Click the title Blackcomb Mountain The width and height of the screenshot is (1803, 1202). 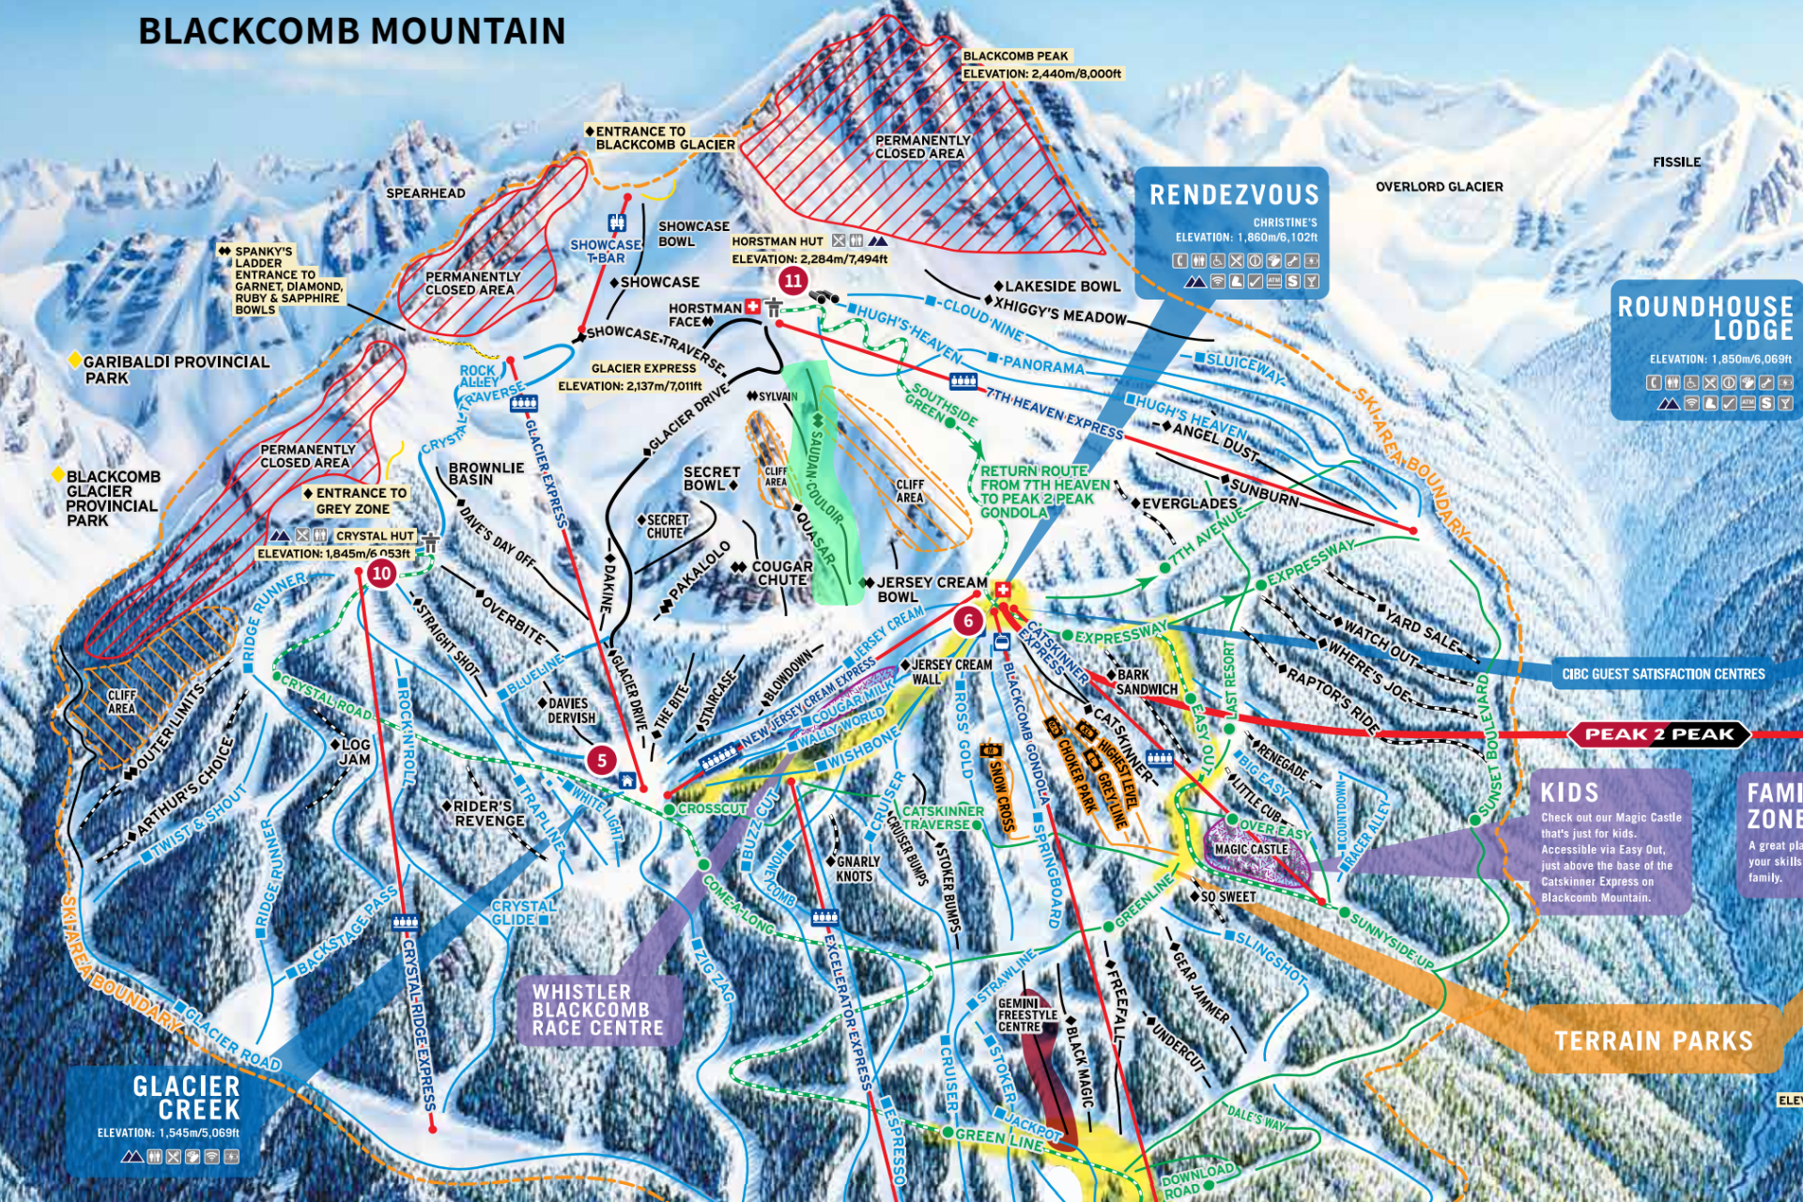(x=352, y=31)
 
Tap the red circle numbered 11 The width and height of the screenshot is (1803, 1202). (x=794, y=281)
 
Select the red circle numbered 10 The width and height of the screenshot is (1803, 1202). (x=381, y=573)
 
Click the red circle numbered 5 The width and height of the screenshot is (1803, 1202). (x=602, y=760)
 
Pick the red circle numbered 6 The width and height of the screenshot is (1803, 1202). (x=968, y=621)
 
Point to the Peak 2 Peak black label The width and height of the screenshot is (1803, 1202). (x=1658, y=734)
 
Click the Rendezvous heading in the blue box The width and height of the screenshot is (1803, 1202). (x=1234, y=195)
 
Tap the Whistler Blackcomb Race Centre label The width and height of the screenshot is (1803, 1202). (x=598, y=1010)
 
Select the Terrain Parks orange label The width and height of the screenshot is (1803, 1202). (x=1653, y=1040)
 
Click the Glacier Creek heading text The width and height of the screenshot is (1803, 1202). (x=186, y=1098)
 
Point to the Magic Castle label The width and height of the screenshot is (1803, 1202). (x=1251, y=849)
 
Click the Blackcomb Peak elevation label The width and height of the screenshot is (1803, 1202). (x=1040, y=65)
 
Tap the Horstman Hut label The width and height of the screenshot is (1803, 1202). (x=777, y=241)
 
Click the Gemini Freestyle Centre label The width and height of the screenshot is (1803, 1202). (x=1027, y=1015)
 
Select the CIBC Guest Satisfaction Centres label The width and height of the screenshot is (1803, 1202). (x=1663, y=674)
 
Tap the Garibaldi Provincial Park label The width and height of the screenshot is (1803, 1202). (x=176, y=369)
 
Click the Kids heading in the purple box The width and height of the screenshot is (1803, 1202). (x=1569, y=793)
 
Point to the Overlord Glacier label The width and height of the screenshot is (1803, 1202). (x=1439, y=187)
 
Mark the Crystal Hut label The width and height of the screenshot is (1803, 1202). (x=374, y=535)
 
